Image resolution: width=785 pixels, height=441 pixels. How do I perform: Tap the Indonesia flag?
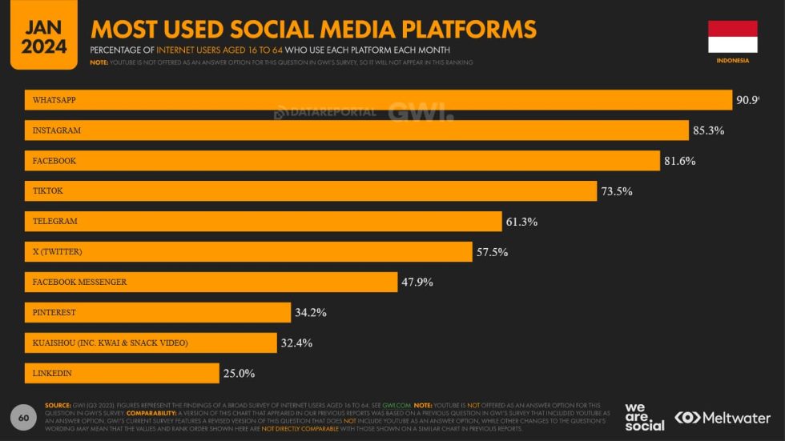(732, 37)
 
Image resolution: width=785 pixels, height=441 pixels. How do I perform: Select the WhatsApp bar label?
(54, 100)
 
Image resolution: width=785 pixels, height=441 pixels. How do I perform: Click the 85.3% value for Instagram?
(708, 130)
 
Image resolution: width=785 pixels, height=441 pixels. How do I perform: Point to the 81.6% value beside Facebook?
(679, 161)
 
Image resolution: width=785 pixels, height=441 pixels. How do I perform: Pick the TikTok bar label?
(47, 191)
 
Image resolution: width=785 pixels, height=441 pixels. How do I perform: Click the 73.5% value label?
(617, 191)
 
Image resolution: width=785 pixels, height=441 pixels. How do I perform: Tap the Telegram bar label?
(54, 221)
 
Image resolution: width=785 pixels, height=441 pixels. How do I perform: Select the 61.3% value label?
(521, 222)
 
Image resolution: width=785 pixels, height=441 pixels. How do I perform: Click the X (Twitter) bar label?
(57, 251)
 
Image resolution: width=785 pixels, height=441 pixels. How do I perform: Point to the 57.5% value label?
(492, 252)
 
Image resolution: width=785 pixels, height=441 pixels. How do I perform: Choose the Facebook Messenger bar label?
(79, 282)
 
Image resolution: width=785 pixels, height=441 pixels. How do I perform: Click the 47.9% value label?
(417, 283)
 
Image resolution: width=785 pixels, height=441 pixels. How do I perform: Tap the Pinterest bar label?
(54, 312)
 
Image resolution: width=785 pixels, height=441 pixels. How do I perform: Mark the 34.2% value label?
(310, 313)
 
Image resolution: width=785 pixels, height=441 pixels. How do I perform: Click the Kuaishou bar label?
(110, 343)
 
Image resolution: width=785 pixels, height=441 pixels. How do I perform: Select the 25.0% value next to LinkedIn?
(239, 374)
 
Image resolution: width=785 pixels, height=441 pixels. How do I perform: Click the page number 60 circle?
(23, 417)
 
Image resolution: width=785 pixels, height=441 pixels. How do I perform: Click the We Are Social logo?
(644, 417)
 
